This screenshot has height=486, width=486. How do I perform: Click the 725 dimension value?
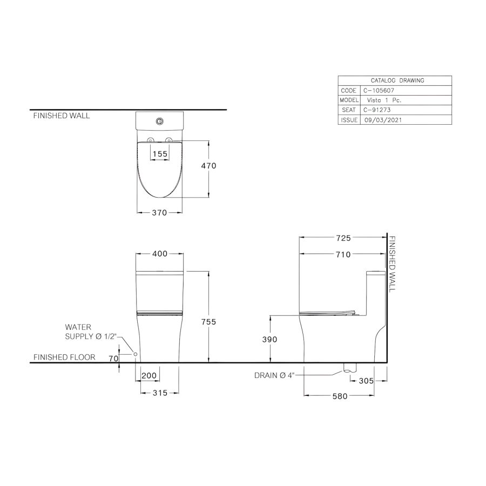[343, 238]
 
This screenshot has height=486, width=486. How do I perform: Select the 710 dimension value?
[343, 254]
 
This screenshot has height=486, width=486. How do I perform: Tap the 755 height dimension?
[208, 322]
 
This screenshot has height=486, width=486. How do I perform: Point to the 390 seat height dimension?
[269, 340]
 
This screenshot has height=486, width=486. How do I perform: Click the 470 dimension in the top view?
[208, 166]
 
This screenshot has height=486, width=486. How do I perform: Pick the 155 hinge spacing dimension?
[160, 154]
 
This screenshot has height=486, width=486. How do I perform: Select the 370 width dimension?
[159, 213]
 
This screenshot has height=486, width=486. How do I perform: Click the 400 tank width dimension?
[160, 254]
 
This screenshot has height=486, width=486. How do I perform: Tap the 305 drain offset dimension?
[366, 381]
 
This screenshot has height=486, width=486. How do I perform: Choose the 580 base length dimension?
[340, 396]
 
